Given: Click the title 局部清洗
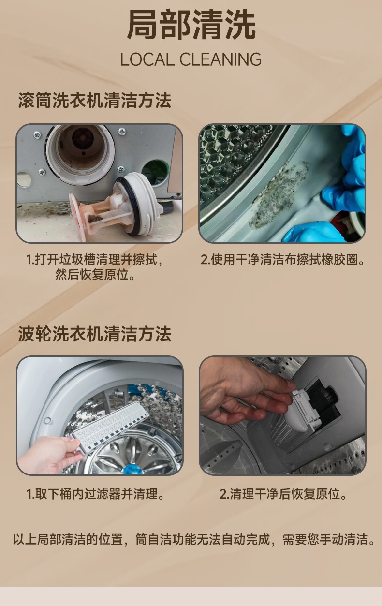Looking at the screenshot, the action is click(x=191, y=25).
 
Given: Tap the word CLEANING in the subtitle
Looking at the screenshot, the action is click(x=220, y=59).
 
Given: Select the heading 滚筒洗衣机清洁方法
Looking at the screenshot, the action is click(x=95, y=101).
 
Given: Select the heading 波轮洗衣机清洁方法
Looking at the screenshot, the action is click(x=95, y=334).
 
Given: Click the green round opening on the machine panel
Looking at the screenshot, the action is click(x=156, y=174).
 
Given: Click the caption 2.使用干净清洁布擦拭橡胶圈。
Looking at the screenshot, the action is click(x=283, y=260).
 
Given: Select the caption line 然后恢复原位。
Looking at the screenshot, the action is click(x=95, y=275).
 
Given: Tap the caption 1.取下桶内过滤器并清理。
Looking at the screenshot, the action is click(x=96, y=494).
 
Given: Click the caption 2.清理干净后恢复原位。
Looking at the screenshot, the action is click(x=283, y=494).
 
